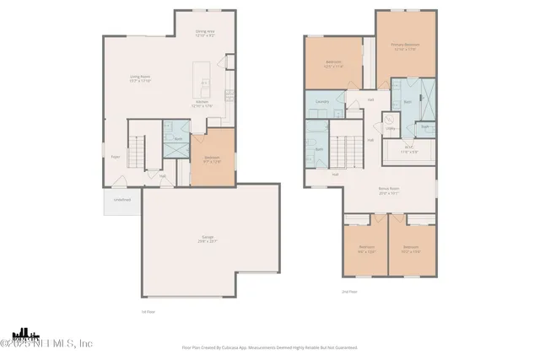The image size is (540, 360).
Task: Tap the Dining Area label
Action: (206, 35)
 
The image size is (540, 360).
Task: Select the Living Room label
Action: (139, 78)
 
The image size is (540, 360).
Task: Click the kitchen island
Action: (202, 78)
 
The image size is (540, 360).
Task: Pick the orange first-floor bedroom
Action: (212, 158)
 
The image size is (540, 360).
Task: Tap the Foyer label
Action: (116, 155)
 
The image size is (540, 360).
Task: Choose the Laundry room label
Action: (321, 102)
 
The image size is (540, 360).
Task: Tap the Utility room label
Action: (391, 128)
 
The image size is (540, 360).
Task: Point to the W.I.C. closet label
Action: (410, 150)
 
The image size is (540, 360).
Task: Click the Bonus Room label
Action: (388, 191)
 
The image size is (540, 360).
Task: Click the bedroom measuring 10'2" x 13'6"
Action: (411, 249)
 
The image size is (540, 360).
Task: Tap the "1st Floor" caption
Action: (148, 311)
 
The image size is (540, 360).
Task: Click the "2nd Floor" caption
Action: (349, 291)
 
